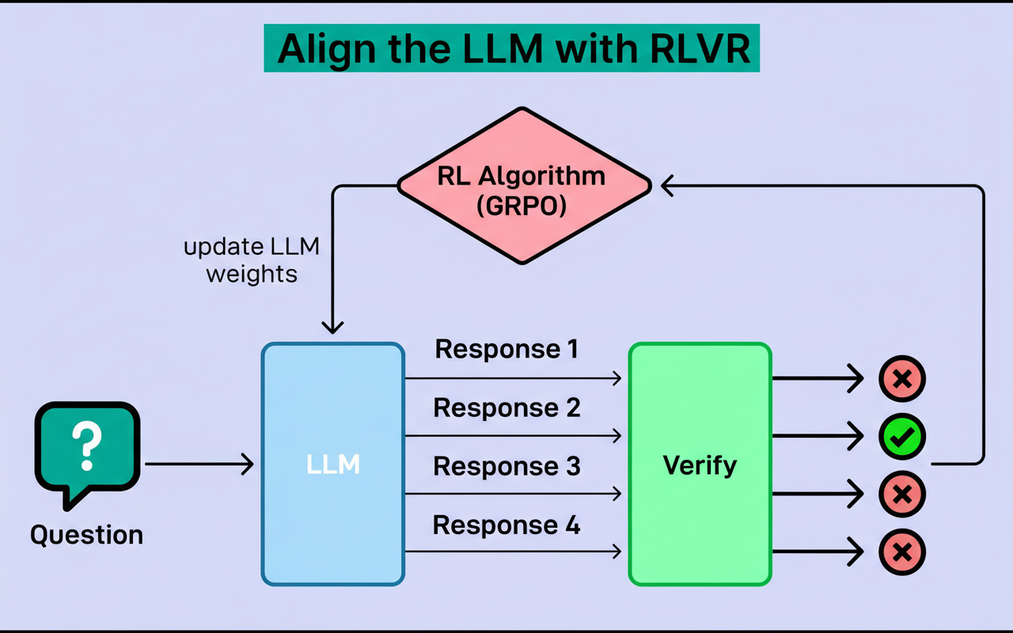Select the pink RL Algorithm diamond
[522, 186]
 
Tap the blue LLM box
[333, 464]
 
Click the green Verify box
[700, 464]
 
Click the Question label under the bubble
[87, 535]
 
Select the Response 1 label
[506, 349]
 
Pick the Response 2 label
[506, 407]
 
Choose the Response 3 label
[506, 466]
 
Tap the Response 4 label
[506, 525]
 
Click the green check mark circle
[901, 436]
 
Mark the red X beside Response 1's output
[901, 379]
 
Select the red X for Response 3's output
[901, 495]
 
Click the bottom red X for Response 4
[901, 552]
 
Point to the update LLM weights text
[252, 260]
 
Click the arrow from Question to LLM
[198, 464]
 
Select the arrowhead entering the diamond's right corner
[668, 186]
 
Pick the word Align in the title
[327, 49]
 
